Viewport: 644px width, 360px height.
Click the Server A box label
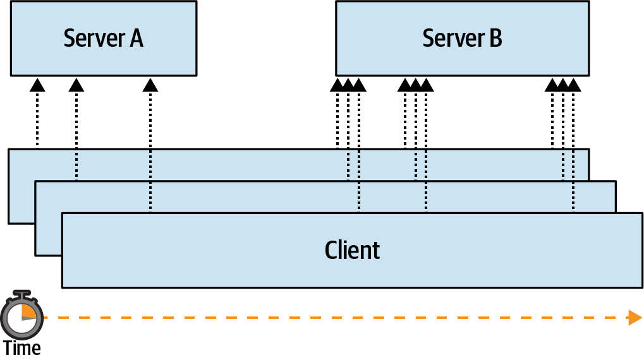(x=103, y=39)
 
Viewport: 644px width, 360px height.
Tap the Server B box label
(x=462, y=39)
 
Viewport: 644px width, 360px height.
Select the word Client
(x=352, y=250)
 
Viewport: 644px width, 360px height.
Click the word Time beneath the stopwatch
(x=21, y=347)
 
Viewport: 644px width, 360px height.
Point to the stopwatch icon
(x=22, y=314)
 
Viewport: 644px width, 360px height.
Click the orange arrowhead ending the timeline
(x=635, y=317)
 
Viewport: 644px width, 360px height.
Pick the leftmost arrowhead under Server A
(x=37, y=85)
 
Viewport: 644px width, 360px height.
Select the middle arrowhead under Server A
(x=76, y=85)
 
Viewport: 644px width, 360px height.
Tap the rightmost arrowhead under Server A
(x=150, y=85)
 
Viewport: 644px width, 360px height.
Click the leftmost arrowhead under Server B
(x=337, y=85)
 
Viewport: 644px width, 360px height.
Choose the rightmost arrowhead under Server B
(x=573, y=85)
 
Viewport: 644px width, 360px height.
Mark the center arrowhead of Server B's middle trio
(x=416, y=85)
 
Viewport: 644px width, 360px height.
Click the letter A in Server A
(x=136, y=39)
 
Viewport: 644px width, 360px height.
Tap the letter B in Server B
(x=495, y=39)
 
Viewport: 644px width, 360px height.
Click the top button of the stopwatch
(x=22, y=294)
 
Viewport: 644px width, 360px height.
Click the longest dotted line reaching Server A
(x=150, y=152)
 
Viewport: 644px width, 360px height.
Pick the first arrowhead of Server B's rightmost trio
(x=552, y=85)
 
